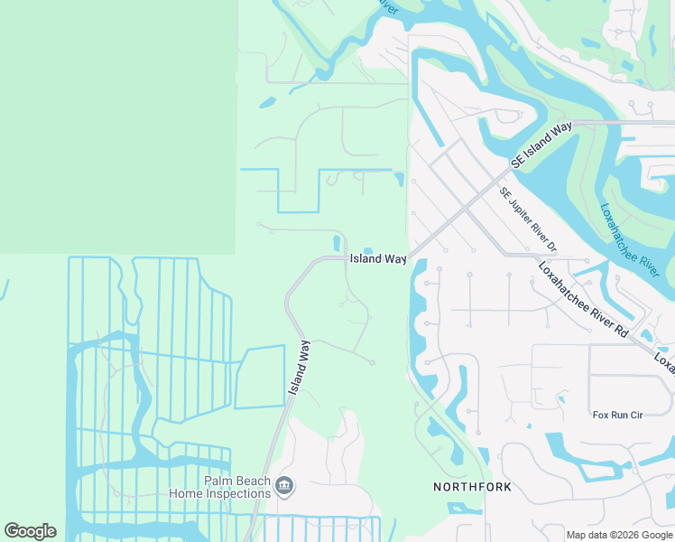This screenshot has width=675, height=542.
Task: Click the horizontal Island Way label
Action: point(377,259)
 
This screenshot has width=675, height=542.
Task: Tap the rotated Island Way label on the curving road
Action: point(300,367)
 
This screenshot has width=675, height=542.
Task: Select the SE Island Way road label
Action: point(541,145)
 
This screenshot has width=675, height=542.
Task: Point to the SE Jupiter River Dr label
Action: point(528,220)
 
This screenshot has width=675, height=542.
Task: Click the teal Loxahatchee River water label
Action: point(631,236)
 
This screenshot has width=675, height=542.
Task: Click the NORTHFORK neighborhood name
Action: point(472,487)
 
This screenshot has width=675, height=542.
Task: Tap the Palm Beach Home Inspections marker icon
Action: point(284,487)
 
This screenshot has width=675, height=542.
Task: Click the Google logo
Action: point(31,531)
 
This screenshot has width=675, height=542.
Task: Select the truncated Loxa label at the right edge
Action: point(665,361)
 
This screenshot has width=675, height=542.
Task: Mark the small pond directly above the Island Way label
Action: point(368,250)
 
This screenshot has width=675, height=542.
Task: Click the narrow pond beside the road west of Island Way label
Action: point(337,243)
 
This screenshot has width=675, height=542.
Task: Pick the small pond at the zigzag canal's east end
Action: point(399,179)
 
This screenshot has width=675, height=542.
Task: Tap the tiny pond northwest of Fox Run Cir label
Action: point(560,397)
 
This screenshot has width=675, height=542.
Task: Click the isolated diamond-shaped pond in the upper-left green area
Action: point(267,103)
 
